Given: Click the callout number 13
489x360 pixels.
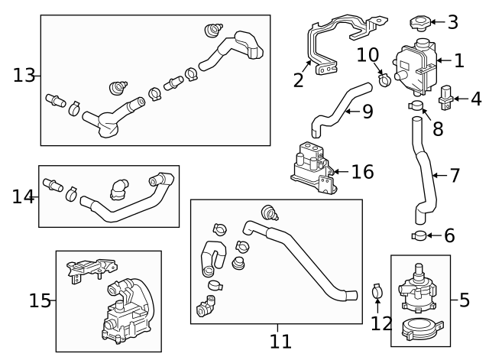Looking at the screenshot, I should click(x=24, y=75).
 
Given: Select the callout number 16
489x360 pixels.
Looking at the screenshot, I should click(x=362, y=172).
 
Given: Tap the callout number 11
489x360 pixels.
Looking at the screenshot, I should click(x=280, y=341).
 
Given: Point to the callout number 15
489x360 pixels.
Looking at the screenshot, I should click(x=40, y=301).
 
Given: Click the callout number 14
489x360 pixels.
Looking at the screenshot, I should click(x=24, y=197).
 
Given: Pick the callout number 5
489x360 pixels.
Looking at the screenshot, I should click(x=465, y=300).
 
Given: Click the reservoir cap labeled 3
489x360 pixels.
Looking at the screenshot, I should click(x=419, y=22).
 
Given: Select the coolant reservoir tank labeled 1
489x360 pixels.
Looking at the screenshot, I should click(x=413, y=66).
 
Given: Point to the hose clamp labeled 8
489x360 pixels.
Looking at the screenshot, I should click(x=416, y=105).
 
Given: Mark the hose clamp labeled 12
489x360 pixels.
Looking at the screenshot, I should click(x=377, y=291).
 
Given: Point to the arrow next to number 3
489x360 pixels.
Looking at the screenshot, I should click(x=438, y=22).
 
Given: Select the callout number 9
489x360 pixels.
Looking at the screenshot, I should click(x=368, y=112).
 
